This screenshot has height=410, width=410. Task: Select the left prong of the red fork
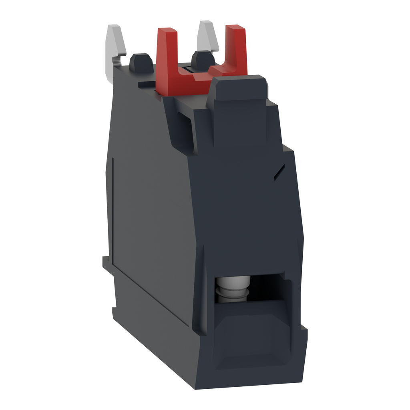(x=165, y=52)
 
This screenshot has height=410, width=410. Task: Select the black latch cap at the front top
(x=238, y=88)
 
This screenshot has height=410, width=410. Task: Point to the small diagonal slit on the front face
(x=279, y=172)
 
